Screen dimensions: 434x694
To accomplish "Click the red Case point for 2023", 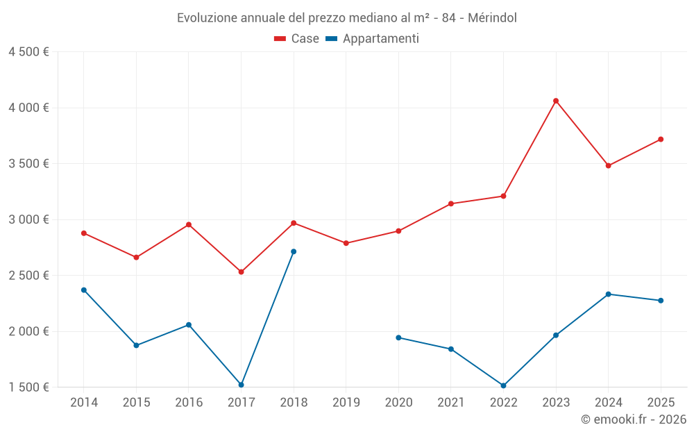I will pyautogui.click(x=556, y=101).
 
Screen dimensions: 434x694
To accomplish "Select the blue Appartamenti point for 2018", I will pyautogui.click(x=294, y=251).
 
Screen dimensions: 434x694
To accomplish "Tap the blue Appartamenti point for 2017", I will pyautogui.click(x=241, y=385).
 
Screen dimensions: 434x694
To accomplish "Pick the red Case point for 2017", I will pyautogui.click(x=241, y=272).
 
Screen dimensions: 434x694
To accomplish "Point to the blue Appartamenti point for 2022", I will pyautogui.click(x=503, y=385).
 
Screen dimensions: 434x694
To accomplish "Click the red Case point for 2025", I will pyautogui.click(x=661, y=139).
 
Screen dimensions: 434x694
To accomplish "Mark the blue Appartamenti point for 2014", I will pyautogui.click(x=84, y=290).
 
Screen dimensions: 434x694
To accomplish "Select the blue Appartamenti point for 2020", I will pyautogui.click(x=398, y=337).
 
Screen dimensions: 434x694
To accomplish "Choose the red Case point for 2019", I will pyautogui.click(x=346, y=243).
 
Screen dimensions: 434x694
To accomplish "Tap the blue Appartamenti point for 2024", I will pyautogui.click(x=608, y=294).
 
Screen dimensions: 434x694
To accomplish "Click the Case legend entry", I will pyautogui.click(x=297, y=39).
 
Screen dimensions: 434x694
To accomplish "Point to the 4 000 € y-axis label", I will pyautogui.click(x=28, y=108).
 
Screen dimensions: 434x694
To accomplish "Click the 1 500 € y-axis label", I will pyautogui.click(x=28, y=387).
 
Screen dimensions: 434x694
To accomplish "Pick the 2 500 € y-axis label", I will pyautogui.click(x=28, y=275).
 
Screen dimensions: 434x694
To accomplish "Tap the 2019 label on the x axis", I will pyautogui.click(x=346, y=402).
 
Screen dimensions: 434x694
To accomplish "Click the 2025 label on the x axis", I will pyautogui.click(x=661, y=402).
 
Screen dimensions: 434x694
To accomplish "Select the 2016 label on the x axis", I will pyautogui.click(x=189, y=402).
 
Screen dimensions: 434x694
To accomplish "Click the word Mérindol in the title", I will pyautogui.click(x=492, y=17).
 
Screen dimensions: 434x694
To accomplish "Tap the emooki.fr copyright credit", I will pyautogui.click(x=634, y=419).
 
